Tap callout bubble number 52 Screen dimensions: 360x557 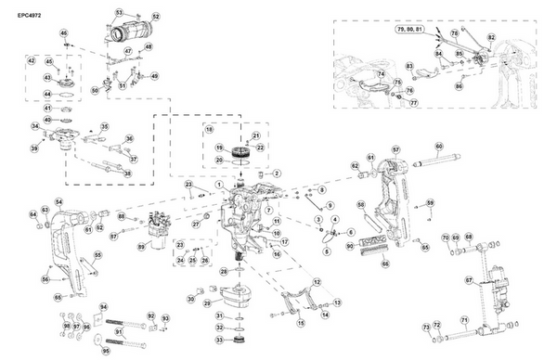(156, 18)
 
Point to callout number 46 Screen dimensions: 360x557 (64, 33)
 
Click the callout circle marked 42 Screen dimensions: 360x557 (31, 61)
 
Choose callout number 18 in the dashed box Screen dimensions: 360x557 (210, 129)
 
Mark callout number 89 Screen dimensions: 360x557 (141, 247)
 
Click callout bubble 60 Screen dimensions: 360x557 (439, 147)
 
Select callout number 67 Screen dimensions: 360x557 (469, 279)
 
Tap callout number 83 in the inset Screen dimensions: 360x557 (409, 67)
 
